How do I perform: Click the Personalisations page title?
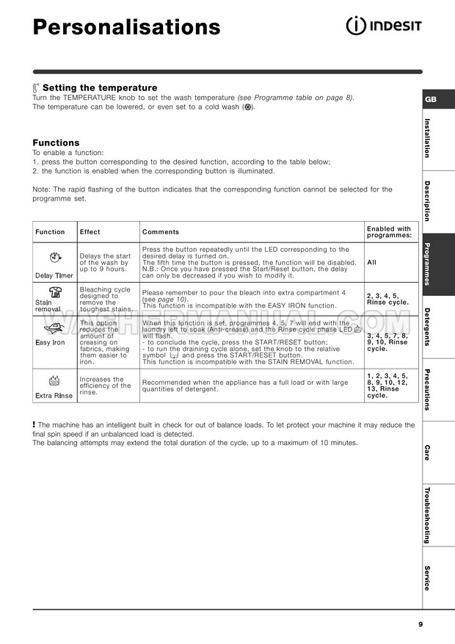[x=126, y=27]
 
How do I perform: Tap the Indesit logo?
[x=383, y=26]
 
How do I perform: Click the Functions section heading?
[x=56, y=142]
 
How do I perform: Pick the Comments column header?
[x=160, y=232]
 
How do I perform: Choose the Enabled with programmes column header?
[x=389, y=232]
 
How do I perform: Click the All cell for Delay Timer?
[x=372, y=262]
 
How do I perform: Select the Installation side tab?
[x=427, y=138]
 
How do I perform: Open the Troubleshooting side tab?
[x=427, y=515]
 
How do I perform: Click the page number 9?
[x=421, y=624]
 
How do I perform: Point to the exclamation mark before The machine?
[x=34, y=424]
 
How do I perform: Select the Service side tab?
[x=427, y=577]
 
